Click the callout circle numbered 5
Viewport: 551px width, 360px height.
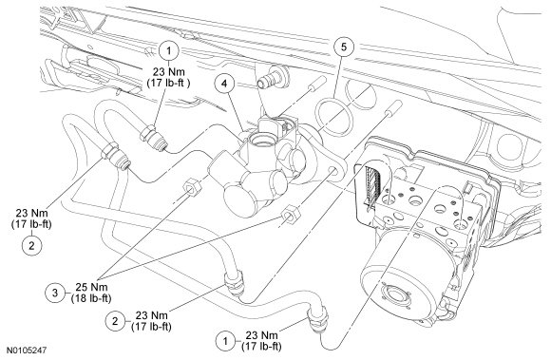(x=344, y=47)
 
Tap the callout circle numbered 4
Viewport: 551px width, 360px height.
(x=224, y=83)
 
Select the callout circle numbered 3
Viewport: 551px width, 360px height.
(x=55, y=293)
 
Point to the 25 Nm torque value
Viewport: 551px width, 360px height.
(x=91, y=287)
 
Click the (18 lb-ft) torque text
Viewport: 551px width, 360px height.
(x=91, y=298)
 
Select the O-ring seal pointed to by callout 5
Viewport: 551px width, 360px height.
(x=333, y=117)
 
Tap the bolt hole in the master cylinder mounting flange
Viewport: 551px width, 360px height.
(x=332, y=171)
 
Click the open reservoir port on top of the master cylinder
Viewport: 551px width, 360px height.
(x=262, y=141)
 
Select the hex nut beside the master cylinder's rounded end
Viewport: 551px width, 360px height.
(x=192, y=188)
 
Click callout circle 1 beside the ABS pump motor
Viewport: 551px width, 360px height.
(x=225, y=341)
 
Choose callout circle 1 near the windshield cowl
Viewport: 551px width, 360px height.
(x=169, y=51)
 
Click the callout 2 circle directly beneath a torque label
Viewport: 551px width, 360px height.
(x=31, y=245)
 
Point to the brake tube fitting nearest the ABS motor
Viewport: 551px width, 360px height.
(x=318, y=318)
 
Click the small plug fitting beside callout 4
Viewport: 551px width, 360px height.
(x=273, y=77)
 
